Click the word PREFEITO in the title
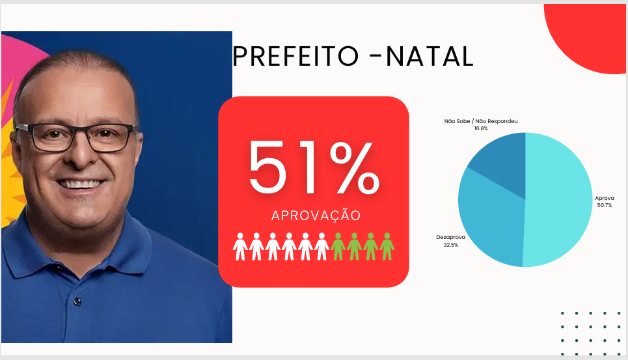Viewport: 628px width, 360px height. click(295, 56)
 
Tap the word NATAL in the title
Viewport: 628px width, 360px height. click(430, 56)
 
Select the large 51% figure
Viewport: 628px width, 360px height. click(314, 167)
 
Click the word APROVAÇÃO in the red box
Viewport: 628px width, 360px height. click(316, 215)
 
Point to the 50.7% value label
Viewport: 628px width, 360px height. click(605, 206)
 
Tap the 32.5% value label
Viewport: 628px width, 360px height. click(450, 245)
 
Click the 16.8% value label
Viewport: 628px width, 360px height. click(481, 128)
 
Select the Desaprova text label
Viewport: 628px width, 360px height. click(450, 237)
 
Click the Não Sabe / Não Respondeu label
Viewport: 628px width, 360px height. click(481, 121)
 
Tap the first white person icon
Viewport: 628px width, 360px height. click(240, 247)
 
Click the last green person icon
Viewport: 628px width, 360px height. click(387, 247)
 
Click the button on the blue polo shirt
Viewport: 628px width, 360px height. click(77, 301)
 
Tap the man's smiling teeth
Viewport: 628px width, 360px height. click(81, 184)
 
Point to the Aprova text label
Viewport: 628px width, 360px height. click(605, 198)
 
